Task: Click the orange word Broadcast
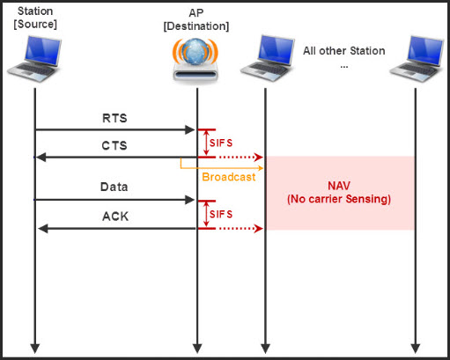(x=229, y=176)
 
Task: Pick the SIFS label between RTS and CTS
(x=221, y=143)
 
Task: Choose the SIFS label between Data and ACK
(x=221, y=214)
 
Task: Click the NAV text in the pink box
(x=339, y=186)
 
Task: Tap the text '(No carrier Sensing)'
(x=339, y=200)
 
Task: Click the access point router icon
(x=195, y=61)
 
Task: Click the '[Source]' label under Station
(x=36, y=24)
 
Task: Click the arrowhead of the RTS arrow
(x=190, y=130)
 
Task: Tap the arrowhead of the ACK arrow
(x=41, y=229)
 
